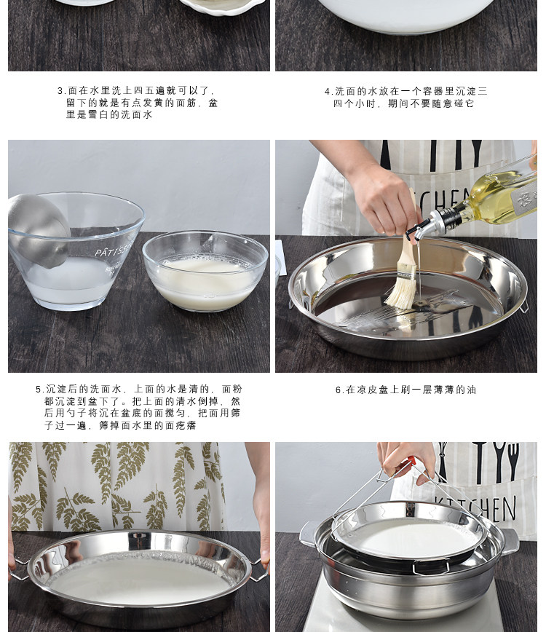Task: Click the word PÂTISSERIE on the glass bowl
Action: pos(114,250)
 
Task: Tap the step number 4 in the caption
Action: pos(327,92)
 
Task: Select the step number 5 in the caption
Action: pos(39,390)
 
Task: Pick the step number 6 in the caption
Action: pos(339,390)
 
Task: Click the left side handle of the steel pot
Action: pos(308,534)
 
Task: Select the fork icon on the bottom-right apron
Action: pos(513,461)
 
